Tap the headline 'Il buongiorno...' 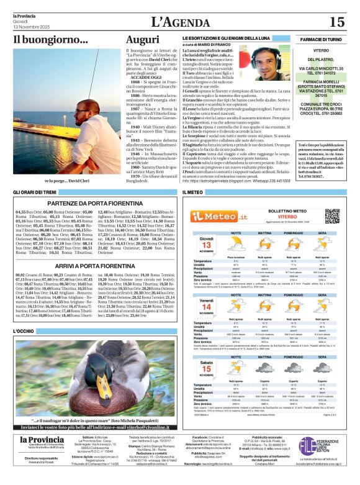pyautogui.click(x=51, y=41)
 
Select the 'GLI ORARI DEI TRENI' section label pyautogui.click(x=36, y=193)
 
